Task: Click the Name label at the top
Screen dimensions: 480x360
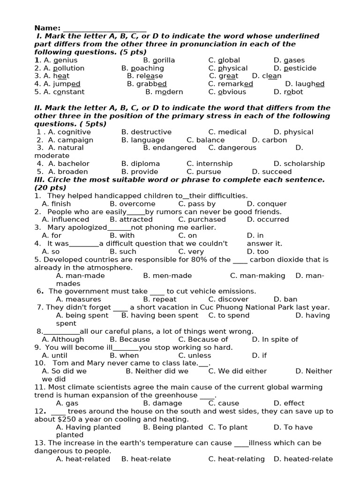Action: click(47, 28)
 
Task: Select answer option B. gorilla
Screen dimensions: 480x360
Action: click(159, 60)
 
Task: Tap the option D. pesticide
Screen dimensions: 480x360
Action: click(295, 68)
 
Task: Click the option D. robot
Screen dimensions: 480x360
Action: click(288, 92)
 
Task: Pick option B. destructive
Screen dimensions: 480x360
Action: click(146, 132)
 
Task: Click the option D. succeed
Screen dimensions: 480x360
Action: click(271, 172)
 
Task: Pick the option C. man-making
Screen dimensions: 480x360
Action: click(257, 276)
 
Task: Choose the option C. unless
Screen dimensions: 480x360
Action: click(195, 355)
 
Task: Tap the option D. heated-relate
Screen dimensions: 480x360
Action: click(303, 459)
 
